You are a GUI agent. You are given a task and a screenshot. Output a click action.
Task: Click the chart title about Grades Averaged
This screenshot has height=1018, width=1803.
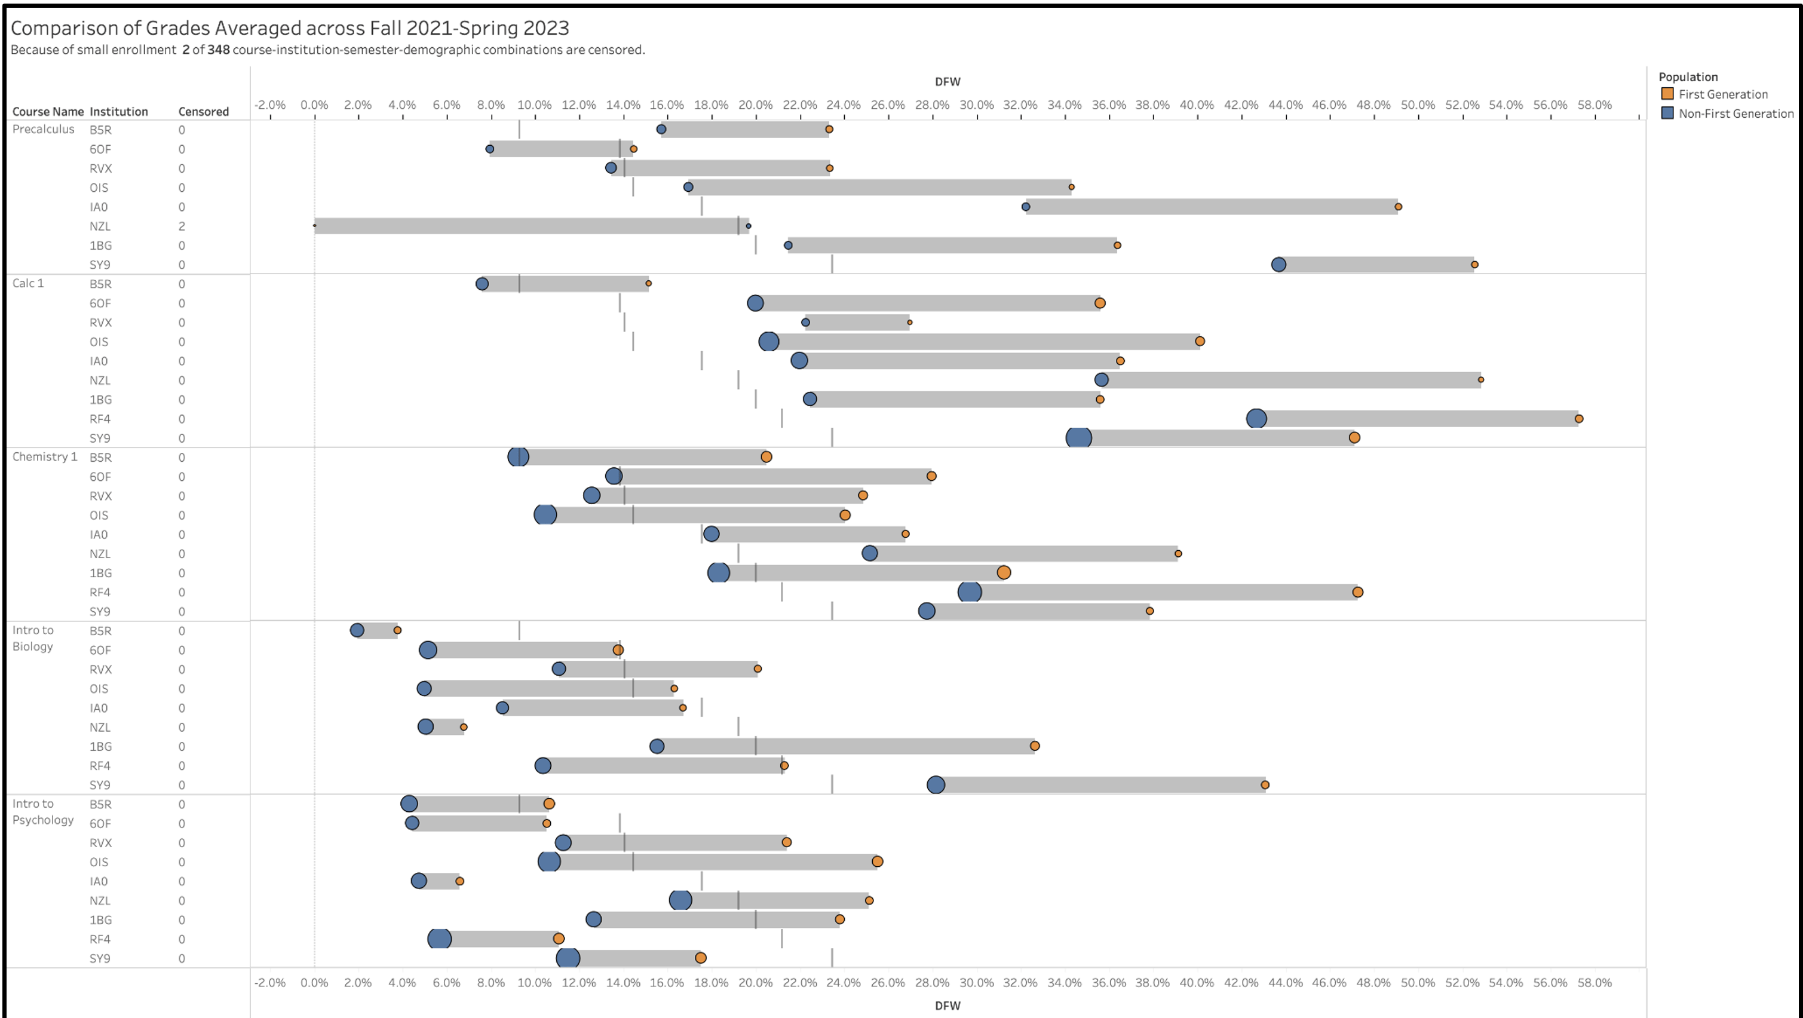point(290,28)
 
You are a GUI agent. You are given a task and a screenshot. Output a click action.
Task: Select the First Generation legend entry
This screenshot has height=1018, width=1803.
point(1722,94)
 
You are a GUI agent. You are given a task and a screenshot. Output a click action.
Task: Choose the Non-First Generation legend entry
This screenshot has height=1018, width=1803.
point(1735,114)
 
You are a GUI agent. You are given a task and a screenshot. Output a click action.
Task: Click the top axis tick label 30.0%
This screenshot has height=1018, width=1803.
point(976,105)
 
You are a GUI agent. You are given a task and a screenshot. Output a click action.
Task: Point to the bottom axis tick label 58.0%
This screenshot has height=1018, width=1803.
point(1595,983)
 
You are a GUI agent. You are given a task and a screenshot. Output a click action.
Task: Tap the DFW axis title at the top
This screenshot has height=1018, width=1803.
point(947,82)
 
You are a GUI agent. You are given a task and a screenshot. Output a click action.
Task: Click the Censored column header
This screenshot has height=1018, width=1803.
point(203,111)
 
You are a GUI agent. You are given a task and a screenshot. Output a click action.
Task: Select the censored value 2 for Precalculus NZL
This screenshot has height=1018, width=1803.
point(181,226)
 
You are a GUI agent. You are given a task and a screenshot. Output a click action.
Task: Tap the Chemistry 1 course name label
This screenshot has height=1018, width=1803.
point(45,456)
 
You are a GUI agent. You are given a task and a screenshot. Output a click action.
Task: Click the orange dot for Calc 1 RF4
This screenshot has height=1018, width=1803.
point(1578,419)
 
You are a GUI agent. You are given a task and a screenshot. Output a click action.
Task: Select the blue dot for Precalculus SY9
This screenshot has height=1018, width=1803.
point(1278,265)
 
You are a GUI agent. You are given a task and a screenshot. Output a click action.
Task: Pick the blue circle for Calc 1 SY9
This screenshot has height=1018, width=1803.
point(1078,437)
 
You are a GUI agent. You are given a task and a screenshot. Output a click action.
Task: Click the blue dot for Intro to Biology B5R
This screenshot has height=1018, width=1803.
point(357,630)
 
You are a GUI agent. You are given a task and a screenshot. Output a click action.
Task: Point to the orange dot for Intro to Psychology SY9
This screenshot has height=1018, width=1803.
point(700,958)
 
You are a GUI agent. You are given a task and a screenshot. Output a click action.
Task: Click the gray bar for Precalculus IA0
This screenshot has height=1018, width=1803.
point(1211,207)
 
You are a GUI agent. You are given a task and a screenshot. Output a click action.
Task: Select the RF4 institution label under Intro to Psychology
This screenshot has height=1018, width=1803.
point(100,939)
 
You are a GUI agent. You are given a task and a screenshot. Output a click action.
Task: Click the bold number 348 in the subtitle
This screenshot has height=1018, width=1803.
point(219,50)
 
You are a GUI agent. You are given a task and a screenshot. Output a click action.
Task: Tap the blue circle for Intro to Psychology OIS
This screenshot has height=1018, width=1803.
point(549,861)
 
